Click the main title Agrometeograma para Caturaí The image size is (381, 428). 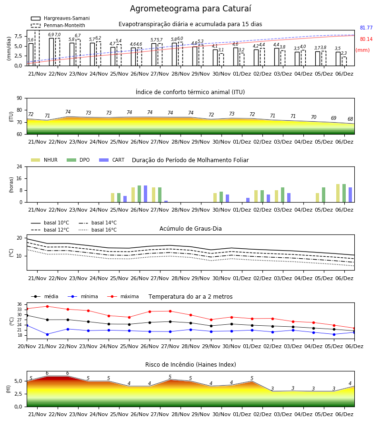coord(190,9)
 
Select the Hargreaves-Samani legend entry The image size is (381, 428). coord(60,18)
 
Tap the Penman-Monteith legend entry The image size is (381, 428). coord(58,25)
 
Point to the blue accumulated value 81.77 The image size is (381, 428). coord(366,28)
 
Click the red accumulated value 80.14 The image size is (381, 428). coord(366,39)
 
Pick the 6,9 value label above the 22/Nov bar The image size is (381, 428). coord(51,35)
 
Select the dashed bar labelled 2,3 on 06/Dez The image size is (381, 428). coord(344,61)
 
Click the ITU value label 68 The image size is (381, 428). coord(351,119)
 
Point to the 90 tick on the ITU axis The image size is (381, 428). coord(20,98)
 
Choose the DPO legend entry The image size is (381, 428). coord(78,160)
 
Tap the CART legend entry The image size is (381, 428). coord(112,160)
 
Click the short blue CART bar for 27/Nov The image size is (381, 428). coord(166,202)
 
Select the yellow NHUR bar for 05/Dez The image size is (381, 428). coord(317,198)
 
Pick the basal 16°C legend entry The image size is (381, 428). coord(98,230)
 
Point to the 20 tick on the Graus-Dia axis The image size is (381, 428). coord(20,238)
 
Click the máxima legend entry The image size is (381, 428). coord(123,296)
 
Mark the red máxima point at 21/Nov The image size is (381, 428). coord(47,306)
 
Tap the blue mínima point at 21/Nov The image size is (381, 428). coord(47,334)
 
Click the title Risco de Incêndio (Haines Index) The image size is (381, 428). coord(190,365)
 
